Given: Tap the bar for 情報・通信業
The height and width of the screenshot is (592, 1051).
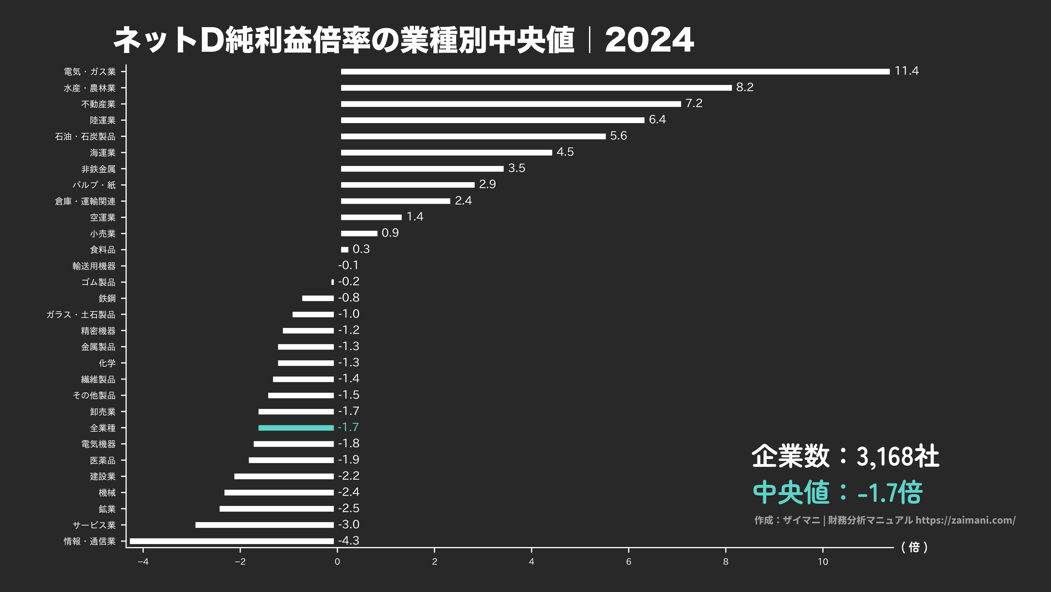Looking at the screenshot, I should point(231,541).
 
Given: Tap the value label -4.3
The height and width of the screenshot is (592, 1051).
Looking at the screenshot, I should point(349,540).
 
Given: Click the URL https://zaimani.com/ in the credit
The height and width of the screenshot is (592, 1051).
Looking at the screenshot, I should point(965,520).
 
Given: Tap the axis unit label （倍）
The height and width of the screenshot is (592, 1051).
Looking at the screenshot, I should point(914,547).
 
